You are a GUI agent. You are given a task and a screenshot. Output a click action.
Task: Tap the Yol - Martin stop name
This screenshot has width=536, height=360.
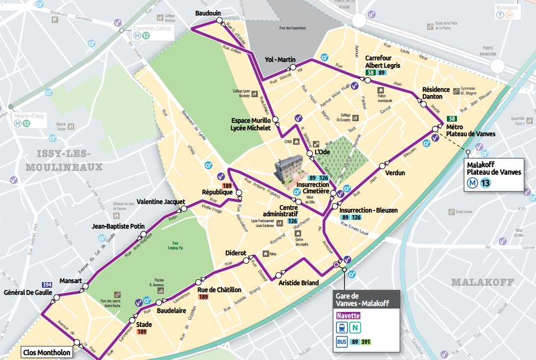(280, 59)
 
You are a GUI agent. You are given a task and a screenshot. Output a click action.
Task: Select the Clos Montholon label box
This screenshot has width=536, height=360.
(47, 353)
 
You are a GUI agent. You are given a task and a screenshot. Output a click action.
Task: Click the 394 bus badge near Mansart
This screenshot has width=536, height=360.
(47, 285)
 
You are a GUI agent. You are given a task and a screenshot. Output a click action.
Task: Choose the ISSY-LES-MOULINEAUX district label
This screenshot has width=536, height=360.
(64, 160)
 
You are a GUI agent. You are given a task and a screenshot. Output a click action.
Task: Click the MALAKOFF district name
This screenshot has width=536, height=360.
(482, 281)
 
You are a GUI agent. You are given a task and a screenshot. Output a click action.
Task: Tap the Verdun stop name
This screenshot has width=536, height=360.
(395, 173)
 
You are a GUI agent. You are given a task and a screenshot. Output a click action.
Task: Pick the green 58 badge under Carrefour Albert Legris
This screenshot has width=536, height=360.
(371, 73)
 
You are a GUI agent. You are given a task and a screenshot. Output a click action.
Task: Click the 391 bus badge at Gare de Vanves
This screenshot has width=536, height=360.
(366, 342)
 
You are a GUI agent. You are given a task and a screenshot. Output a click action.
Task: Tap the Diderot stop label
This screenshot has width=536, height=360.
(235, 253)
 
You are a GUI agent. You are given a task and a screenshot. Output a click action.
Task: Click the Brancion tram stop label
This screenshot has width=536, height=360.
(507, 7)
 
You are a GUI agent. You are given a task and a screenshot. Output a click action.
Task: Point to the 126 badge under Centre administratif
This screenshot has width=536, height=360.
(292, 221)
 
